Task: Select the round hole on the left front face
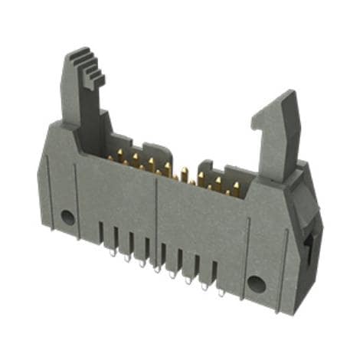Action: pyautogui.click(x=68, y=217)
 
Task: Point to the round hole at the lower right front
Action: pyautogui.click(x=257, y=284)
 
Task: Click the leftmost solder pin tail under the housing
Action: pyautogui.click(x=113, y=250)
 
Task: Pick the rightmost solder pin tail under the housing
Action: pyautogui.click(x=221, y=292)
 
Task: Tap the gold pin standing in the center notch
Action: pyautogui.click(x=184, y=175)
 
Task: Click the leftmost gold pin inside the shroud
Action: pyautogui.click(x=110, y=158)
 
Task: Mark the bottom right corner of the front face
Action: pyautogui.click(x=284, y=314)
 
